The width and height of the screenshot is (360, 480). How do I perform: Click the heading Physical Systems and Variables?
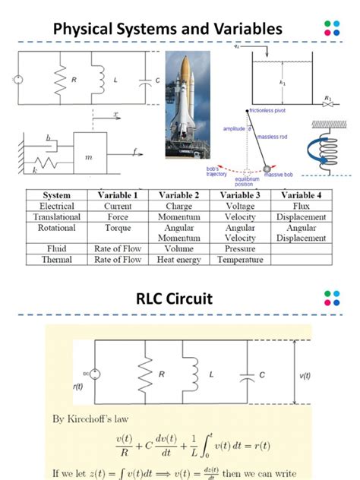click(x=167, y=29)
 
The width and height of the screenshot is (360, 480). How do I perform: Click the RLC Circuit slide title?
click(x=179, y=298)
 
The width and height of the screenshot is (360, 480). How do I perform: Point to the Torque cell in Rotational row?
click(x=113, y=227)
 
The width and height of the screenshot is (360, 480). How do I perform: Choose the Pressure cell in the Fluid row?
click(x=240, y=248)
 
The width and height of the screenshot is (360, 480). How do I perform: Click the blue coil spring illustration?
click(x=323, y=149)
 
